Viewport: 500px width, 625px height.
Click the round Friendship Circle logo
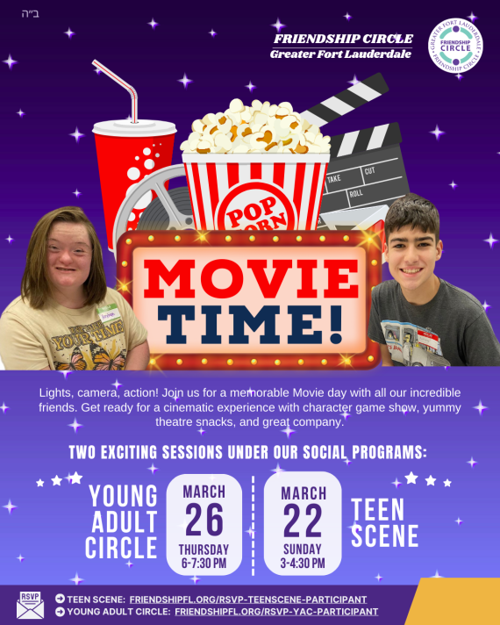455,47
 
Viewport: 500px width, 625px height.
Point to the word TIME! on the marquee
249,323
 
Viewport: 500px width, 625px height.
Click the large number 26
204,521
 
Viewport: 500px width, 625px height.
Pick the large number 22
303,521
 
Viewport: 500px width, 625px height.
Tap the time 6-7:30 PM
204,563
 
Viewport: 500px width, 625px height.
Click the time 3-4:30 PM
303,563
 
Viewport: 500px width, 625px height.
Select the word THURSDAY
204,550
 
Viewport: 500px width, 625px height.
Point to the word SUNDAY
303,550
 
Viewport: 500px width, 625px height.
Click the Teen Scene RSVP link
248,599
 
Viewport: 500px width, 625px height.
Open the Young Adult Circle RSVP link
276,611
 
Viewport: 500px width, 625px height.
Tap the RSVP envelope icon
30,604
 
